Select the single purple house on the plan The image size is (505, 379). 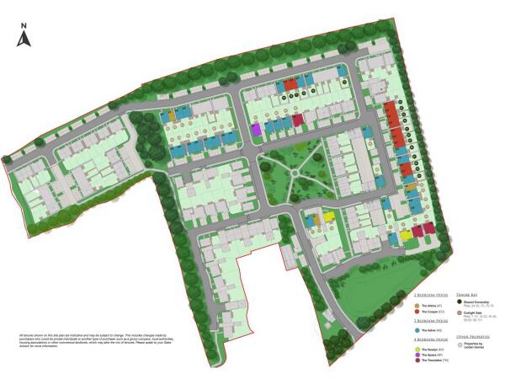click(256, 130)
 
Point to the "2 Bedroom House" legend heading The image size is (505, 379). click(433, 296)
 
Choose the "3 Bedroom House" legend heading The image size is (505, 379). click(433, 321)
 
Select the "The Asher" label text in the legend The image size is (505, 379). click(431, 330)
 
